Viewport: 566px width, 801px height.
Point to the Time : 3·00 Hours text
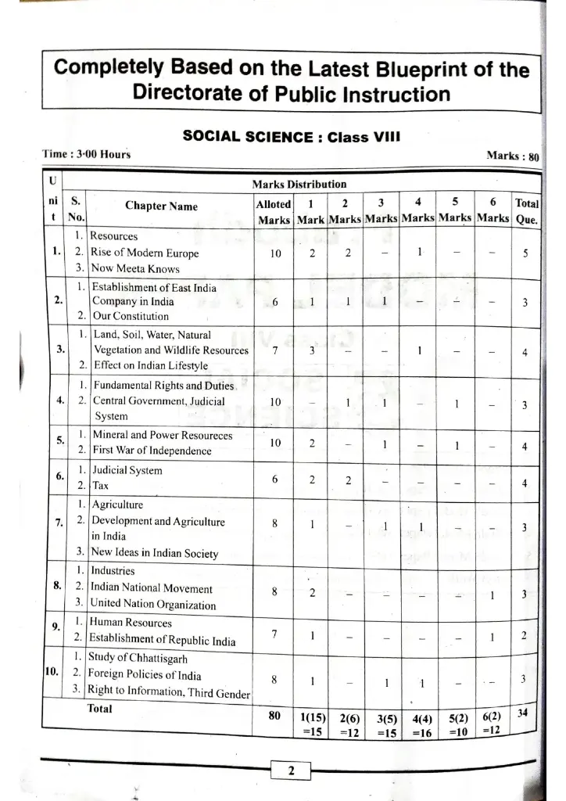pyautogui.click(x=86, y=154)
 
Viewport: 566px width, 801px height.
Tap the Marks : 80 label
pyautogui.click(x=512, y=156)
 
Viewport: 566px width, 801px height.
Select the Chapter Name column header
pyautogui.click(x=161, y=207)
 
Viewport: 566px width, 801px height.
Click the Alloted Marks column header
pyautogui.click(x=274, y=212)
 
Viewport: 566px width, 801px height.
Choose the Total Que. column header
pyautogui.click(x=525, y=212)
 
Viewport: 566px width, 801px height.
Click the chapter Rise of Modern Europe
pyautogui.click(x=145, y=253)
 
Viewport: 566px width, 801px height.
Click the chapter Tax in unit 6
pyautogui.click(x=100, y=485)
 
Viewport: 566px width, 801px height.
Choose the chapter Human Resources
pyautogui.click(x=131, y=623)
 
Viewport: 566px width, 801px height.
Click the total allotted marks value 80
pyautogui.click(x=274, y=714)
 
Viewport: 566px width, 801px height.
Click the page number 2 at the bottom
pyautogui.click(x=290, y=771)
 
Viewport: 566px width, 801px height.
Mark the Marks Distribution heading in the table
pyautogui.click(x=299, y=184)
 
